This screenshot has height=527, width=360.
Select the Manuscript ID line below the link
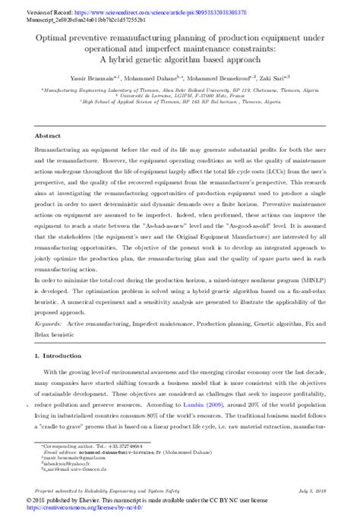(x=73, y=13)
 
